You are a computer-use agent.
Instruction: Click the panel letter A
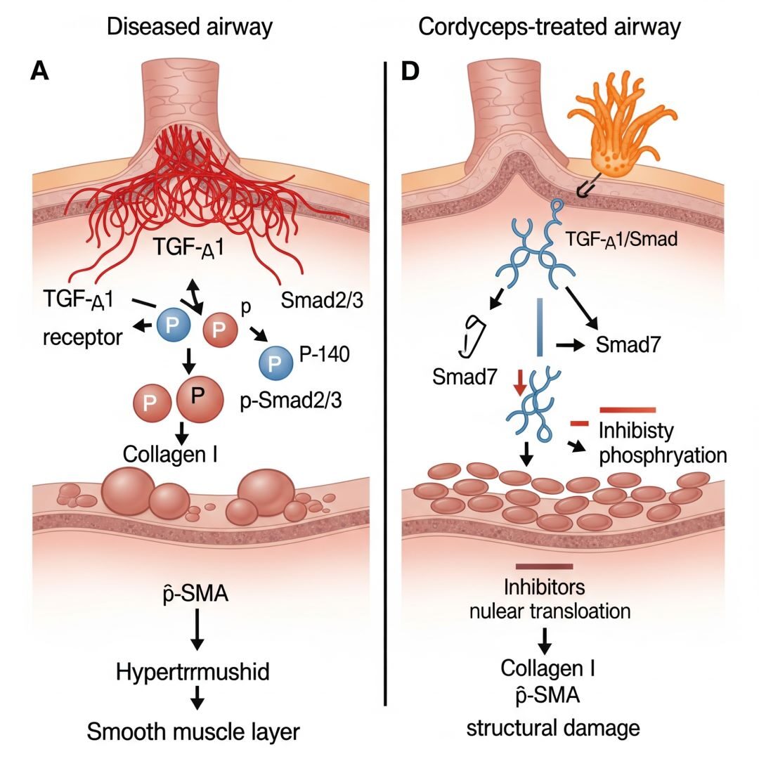39,72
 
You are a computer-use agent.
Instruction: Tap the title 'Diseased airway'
189,27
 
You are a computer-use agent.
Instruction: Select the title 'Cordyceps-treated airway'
549,27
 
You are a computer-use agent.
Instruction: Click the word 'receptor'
82,336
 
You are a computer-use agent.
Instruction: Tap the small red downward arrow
519,384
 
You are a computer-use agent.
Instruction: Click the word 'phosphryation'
661,454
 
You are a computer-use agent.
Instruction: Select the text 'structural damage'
553,727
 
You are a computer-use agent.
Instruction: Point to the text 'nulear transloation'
550,610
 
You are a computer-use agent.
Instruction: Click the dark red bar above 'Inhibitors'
545,566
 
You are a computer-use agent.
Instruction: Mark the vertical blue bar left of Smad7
539,327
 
